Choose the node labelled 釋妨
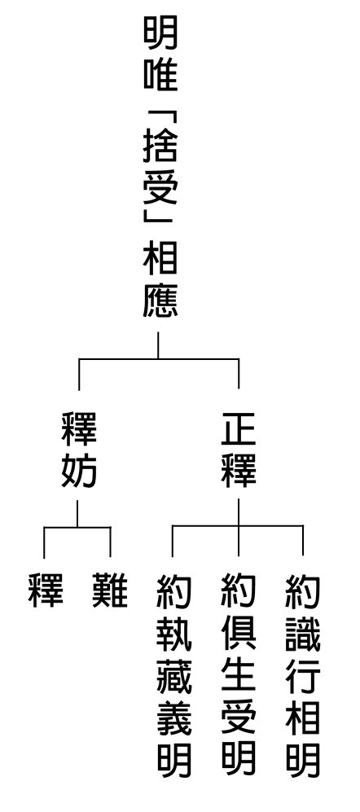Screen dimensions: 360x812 pos(79,450)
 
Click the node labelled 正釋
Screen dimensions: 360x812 pos(239,450)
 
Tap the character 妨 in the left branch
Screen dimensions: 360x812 pos(79,470)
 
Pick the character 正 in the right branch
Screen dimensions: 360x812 pos(239,429)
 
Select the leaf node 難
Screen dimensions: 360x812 pos(110,590)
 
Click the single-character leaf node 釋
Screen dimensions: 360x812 pos(46,590)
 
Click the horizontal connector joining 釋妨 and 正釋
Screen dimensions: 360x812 pos(159,358)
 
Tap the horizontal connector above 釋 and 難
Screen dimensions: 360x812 pos(77,527)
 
